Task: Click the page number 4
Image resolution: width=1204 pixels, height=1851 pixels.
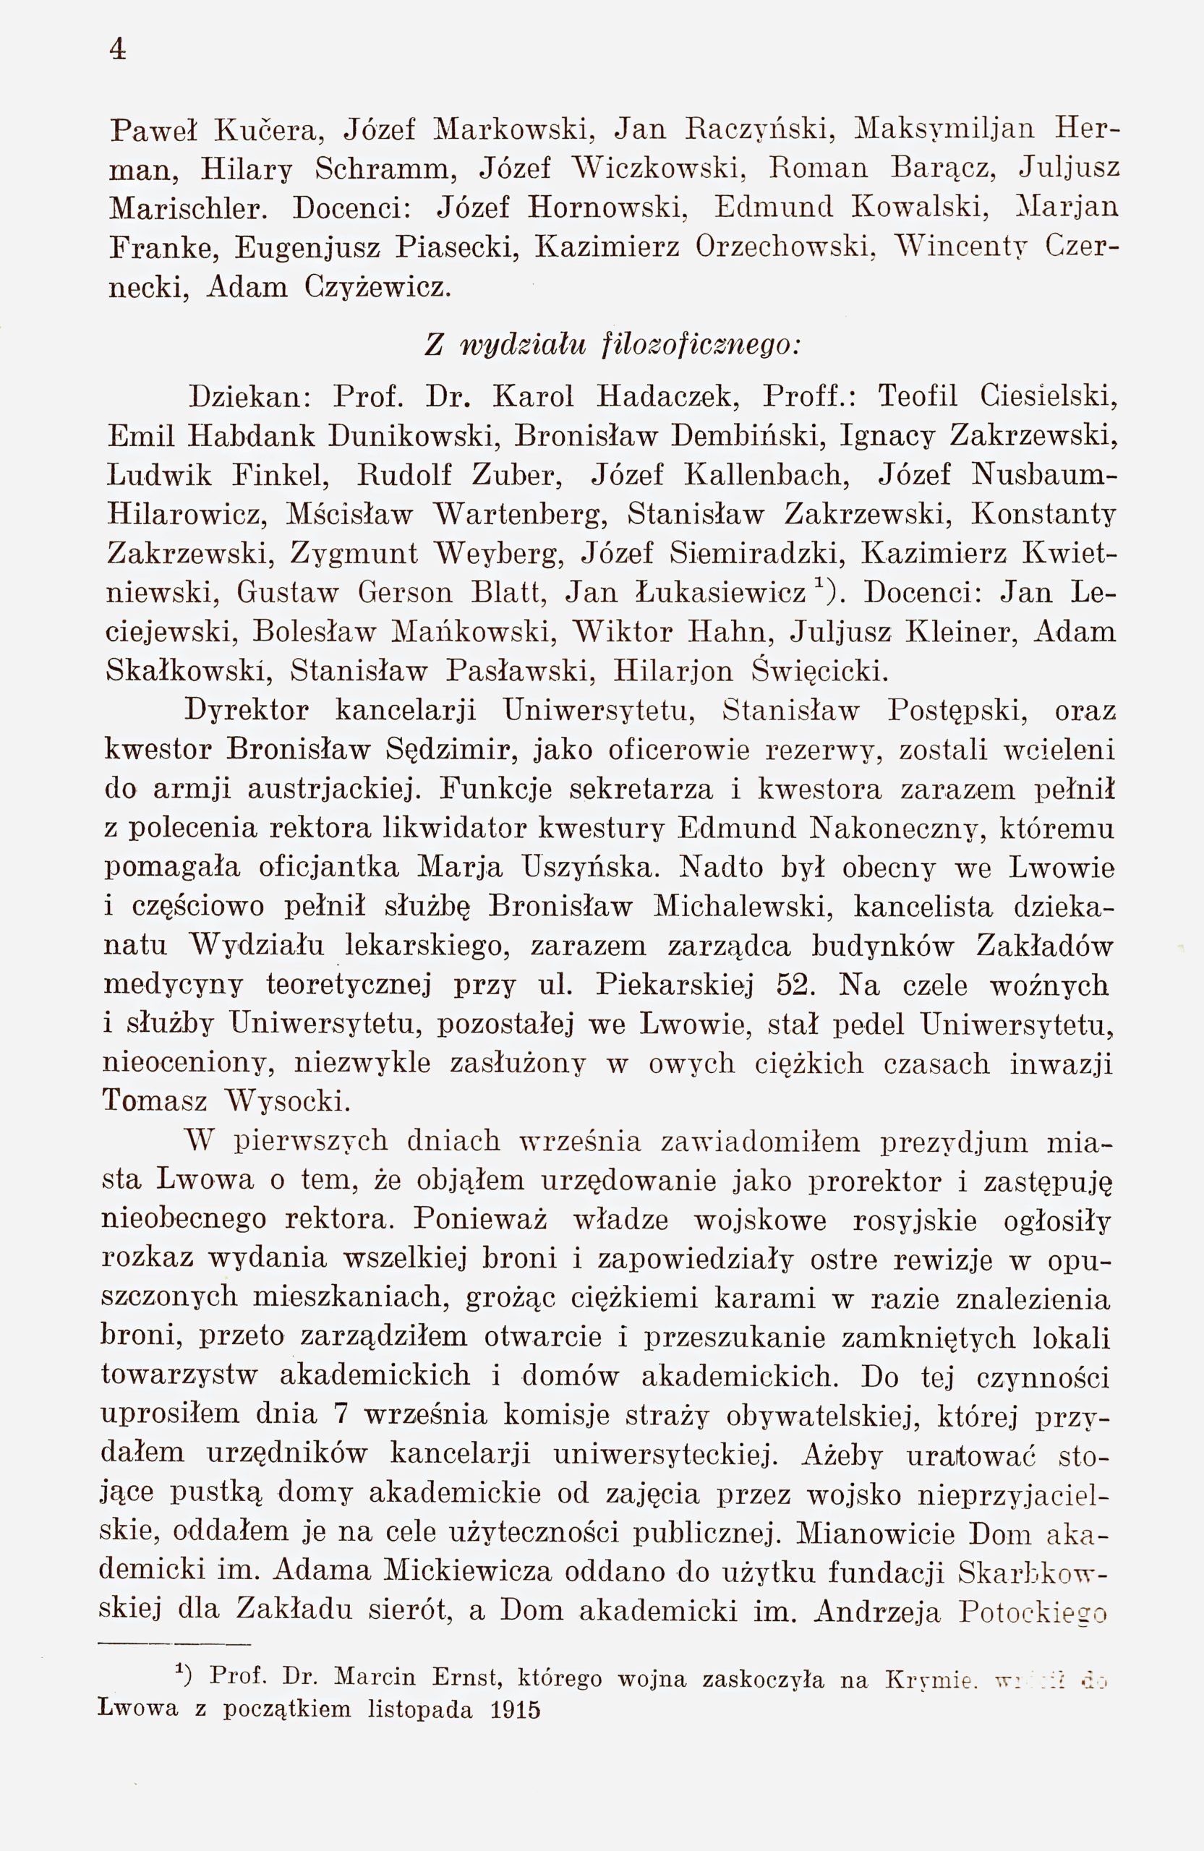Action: (x=117, y=49)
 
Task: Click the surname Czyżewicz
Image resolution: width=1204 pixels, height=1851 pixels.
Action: (x=377, y=288)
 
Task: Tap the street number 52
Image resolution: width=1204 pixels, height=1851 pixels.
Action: (x=796, y=986)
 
